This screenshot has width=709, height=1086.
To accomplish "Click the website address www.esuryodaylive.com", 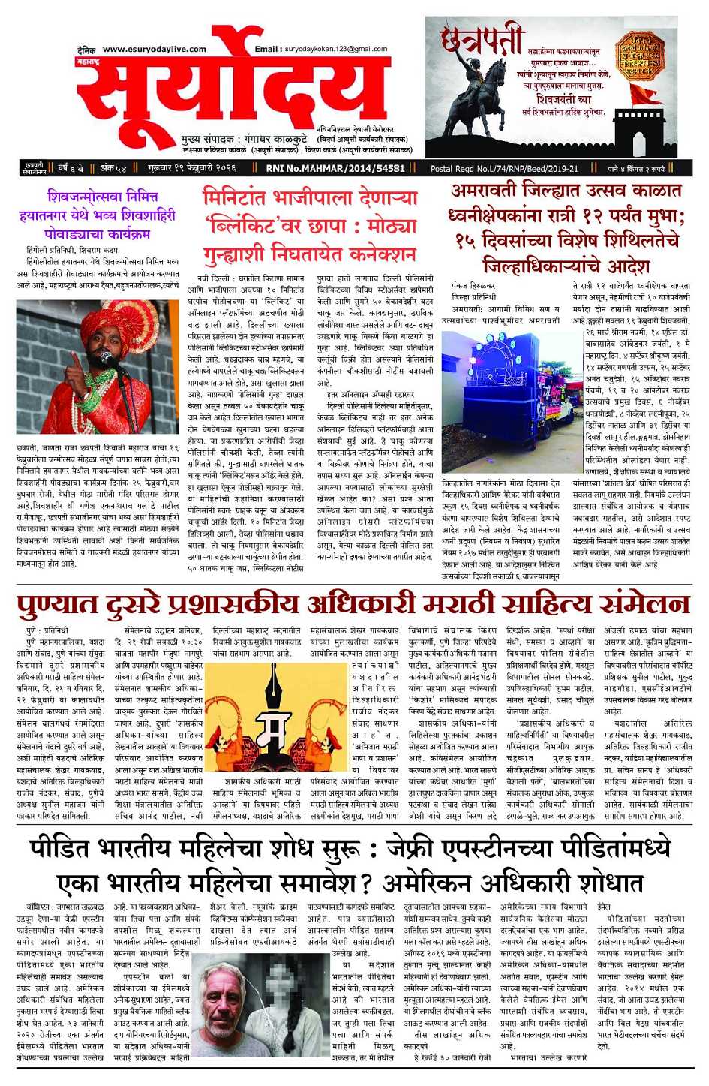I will [154, 50].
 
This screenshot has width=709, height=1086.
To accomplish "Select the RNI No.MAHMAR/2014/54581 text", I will [335, 169].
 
